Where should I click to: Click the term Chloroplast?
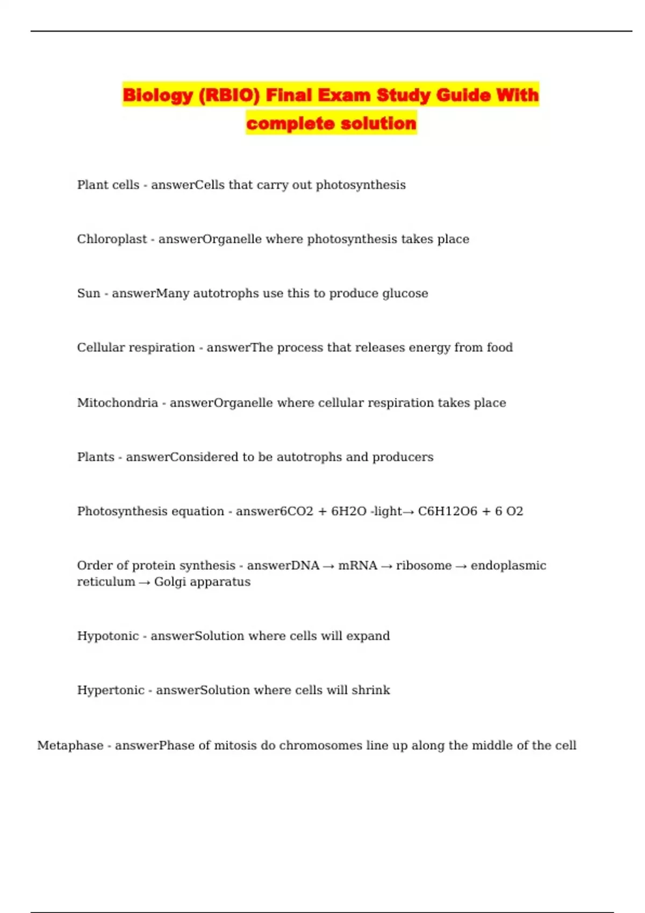[x=112, y=239]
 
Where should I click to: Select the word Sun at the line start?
[x=89, y=293]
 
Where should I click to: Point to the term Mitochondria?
[x=117, y=403]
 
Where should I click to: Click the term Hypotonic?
[x=108, y=636]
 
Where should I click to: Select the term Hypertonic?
[x=111, y=690]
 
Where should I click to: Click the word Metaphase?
[x=70, y=745]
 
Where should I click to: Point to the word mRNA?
[x=357, y=566]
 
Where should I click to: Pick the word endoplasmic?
[x=508, y=566]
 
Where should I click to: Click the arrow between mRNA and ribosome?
[x=386, y=566]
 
